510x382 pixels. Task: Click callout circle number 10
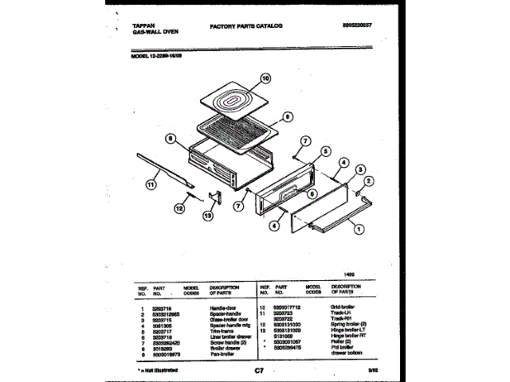click(266, 80)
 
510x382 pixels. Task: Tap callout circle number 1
click(358, 229)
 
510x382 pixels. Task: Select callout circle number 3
click(360, 170)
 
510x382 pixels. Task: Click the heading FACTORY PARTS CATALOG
click(246, 26)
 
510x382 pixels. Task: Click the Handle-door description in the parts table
click(224, 307)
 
